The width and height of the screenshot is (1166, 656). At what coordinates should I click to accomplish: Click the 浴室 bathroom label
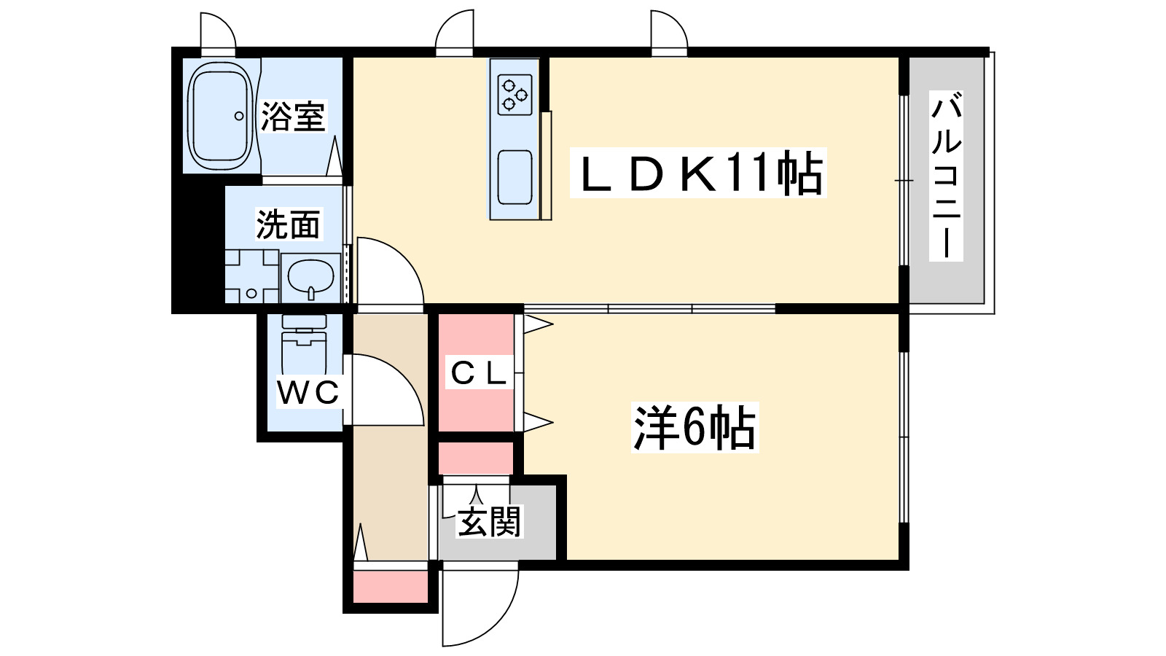pyautogui.click(x=293, y=116)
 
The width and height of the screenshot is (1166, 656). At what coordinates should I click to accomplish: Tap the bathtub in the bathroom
pyautogui.click(x=220, y=116)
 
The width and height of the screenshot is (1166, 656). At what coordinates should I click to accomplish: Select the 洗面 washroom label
pyautogui.click(x=289, y=224)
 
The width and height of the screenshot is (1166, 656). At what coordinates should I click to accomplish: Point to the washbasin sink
pyautogui.click(x=310, y=278)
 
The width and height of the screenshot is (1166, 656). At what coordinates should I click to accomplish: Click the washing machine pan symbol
pyautogui.click(x=252, y=276)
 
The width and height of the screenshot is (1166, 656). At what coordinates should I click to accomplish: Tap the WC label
pyautogui.click(x=308, y=392)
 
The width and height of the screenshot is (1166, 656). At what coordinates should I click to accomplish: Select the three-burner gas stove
pyautogui.click(x=514, y=95)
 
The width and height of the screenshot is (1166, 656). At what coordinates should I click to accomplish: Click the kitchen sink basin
pyautogui.click(x=514, y=177)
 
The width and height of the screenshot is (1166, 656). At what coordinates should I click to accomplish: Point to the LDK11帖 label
pyautogui.click(x=698, y=173)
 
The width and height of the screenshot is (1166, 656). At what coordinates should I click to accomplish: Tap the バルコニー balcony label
pyautogui.click(x=947, y=176)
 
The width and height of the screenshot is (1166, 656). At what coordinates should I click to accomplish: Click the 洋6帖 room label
pyautogui.click(x=694, y=427)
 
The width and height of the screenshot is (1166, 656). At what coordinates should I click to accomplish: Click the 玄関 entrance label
pyautogui.click(x=489, y=522)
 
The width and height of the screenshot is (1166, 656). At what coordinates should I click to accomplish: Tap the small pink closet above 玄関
pyautogui.click(x=476, y=458)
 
